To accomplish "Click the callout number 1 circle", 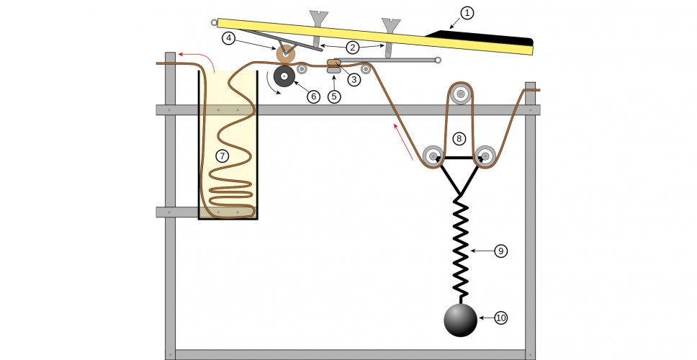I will pos(467,13).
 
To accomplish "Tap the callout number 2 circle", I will pos(352,48).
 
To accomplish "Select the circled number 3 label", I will pos(354,79).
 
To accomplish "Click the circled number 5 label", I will pos(334,96).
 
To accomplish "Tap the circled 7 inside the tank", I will pos(222,156).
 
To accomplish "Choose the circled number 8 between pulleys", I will pos(459,138).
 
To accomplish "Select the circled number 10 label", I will pos(500,318).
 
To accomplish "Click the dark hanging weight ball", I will pos(460,320).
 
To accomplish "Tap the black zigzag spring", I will pos(460,245).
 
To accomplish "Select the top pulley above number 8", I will pos(459,93).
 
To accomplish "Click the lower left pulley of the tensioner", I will pos(433,156).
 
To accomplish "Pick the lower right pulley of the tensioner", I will pos(485,156).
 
